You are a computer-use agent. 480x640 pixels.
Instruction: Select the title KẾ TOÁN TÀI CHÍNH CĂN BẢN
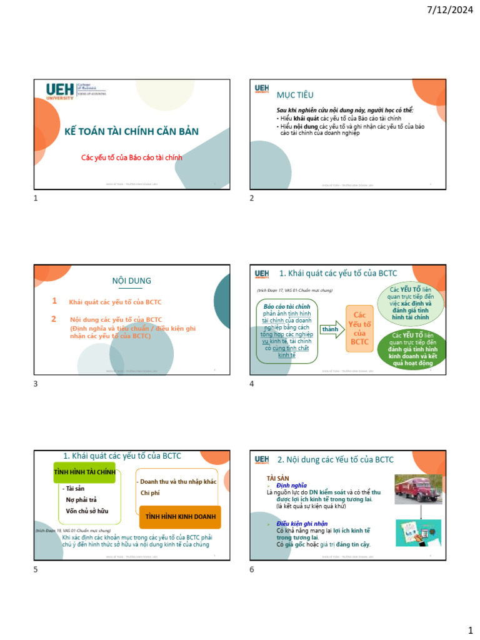pyautogui.click(x=132, y=131)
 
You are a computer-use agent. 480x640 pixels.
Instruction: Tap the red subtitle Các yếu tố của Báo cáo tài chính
pyautogui.click(x=132, y=157)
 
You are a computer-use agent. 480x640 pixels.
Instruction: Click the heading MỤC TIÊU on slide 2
pyautogui.click(x=295, y=94)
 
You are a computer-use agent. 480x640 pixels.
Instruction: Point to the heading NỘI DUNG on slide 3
pyautogui.click(x=131, y=281)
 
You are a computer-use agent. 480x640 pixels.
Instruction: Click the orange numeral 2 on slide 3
pyautogui.click(x=54, y=319)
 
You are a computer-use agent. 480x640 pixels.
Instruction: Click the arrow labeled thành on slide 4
pyautogui.click(x=332, y=329)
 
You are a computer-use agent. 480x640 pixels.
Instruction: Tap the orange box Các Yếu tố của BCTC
pyautogui.click(x=359, y=328)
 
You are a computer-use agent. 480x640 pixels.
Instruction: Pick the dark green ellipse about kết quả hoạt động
pyautogui.click(x=413, y=351)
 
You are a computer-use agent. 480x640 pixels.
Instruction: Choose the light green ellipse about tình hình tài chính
pyautogui.click(x=411, y=304)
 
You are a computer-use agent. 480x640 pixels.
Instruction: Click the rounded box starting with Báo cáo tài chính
pyautogui.click(x=287, y=331)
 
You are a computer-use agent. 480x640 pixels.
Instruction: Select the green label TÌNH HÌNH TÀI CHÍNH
pyautogui.click(x=84, y=472)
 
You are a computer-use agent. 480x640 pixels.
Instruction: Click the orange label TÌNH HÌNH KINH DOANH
pyautogui.click(x=180, y=517)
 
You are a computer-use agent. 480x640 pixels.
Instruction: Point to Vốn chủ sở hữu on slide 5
pyautogui.click(x=87, y=511)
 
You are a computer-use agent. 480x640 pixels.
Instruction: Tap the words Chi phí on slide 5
pyautogui.click(x=150, y=492)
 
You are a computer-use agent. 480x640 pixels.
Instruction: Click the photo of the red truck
pyautogui.click(x=419, y=489)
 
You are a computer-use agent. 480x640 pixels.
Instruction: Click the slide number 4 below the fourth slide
pyautogui.click(x=251, y=384)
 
